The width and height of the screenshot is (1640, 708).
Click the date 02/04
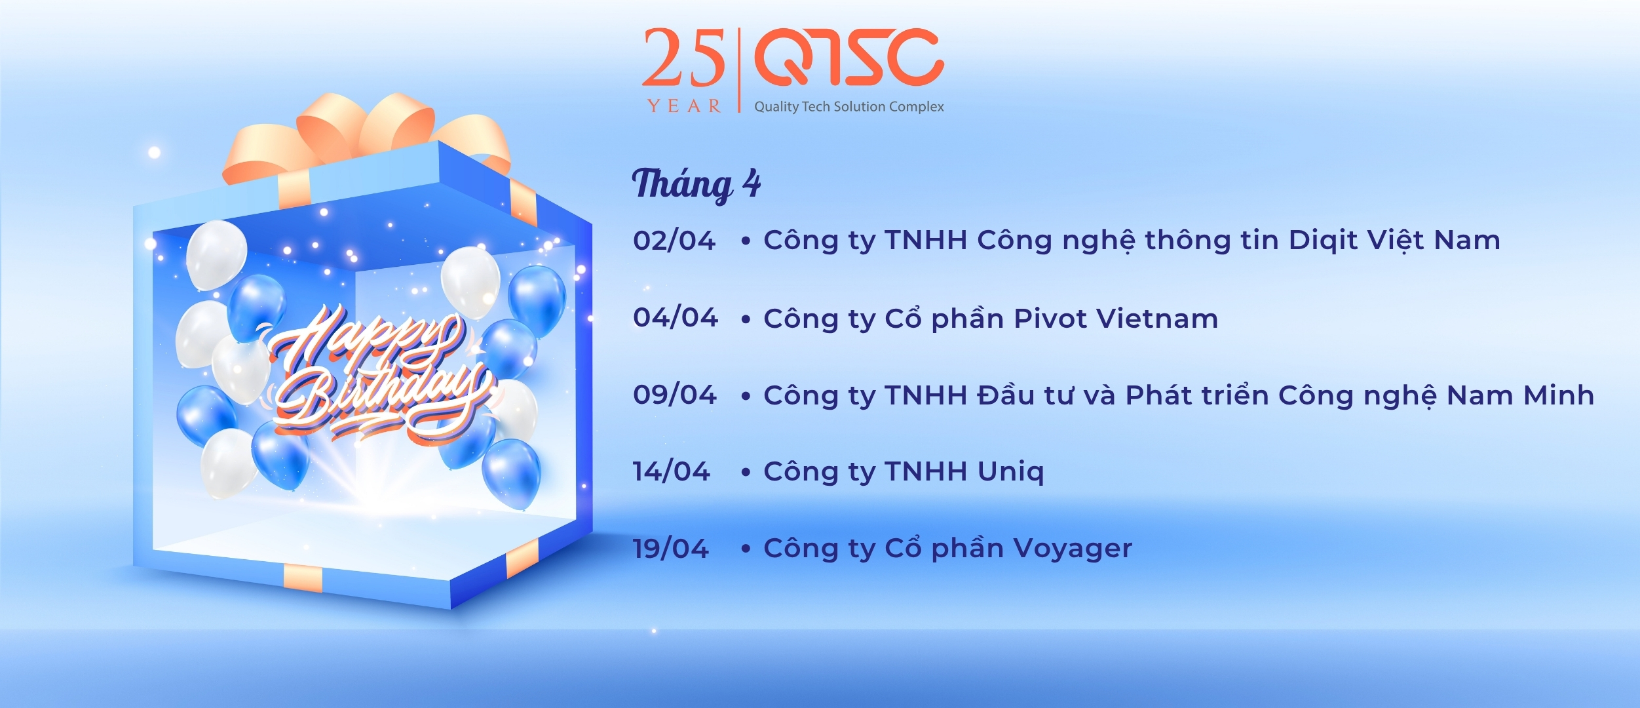(674, 241)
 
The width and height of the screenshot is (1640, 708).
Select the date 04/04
(675, 318)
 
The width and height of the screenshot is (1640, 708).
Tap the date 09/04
(674, 395)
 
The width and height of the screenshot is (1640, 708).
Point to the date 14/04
(671, 471)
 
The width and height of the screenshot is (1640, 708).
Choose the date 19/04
(670, 549)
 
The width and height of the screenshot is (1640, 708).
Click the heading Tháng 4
(696, 184)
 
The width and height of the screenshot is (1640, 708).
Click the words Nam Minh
(1520, 395)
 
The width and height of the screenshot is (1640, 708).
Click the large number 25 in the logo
(683, 58)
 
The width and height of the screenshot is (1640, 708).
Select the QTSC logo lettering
(849, 57)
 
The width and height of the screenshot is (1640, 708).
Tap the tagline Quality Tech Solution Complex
(849, 107)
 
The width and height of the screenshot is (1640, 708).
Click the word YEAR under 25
(684, 106)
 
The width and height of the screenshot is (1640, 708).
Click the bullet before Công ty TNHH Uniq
(746, 473)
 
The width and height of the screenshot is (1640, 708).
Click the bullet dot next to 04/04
(746, 320)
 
